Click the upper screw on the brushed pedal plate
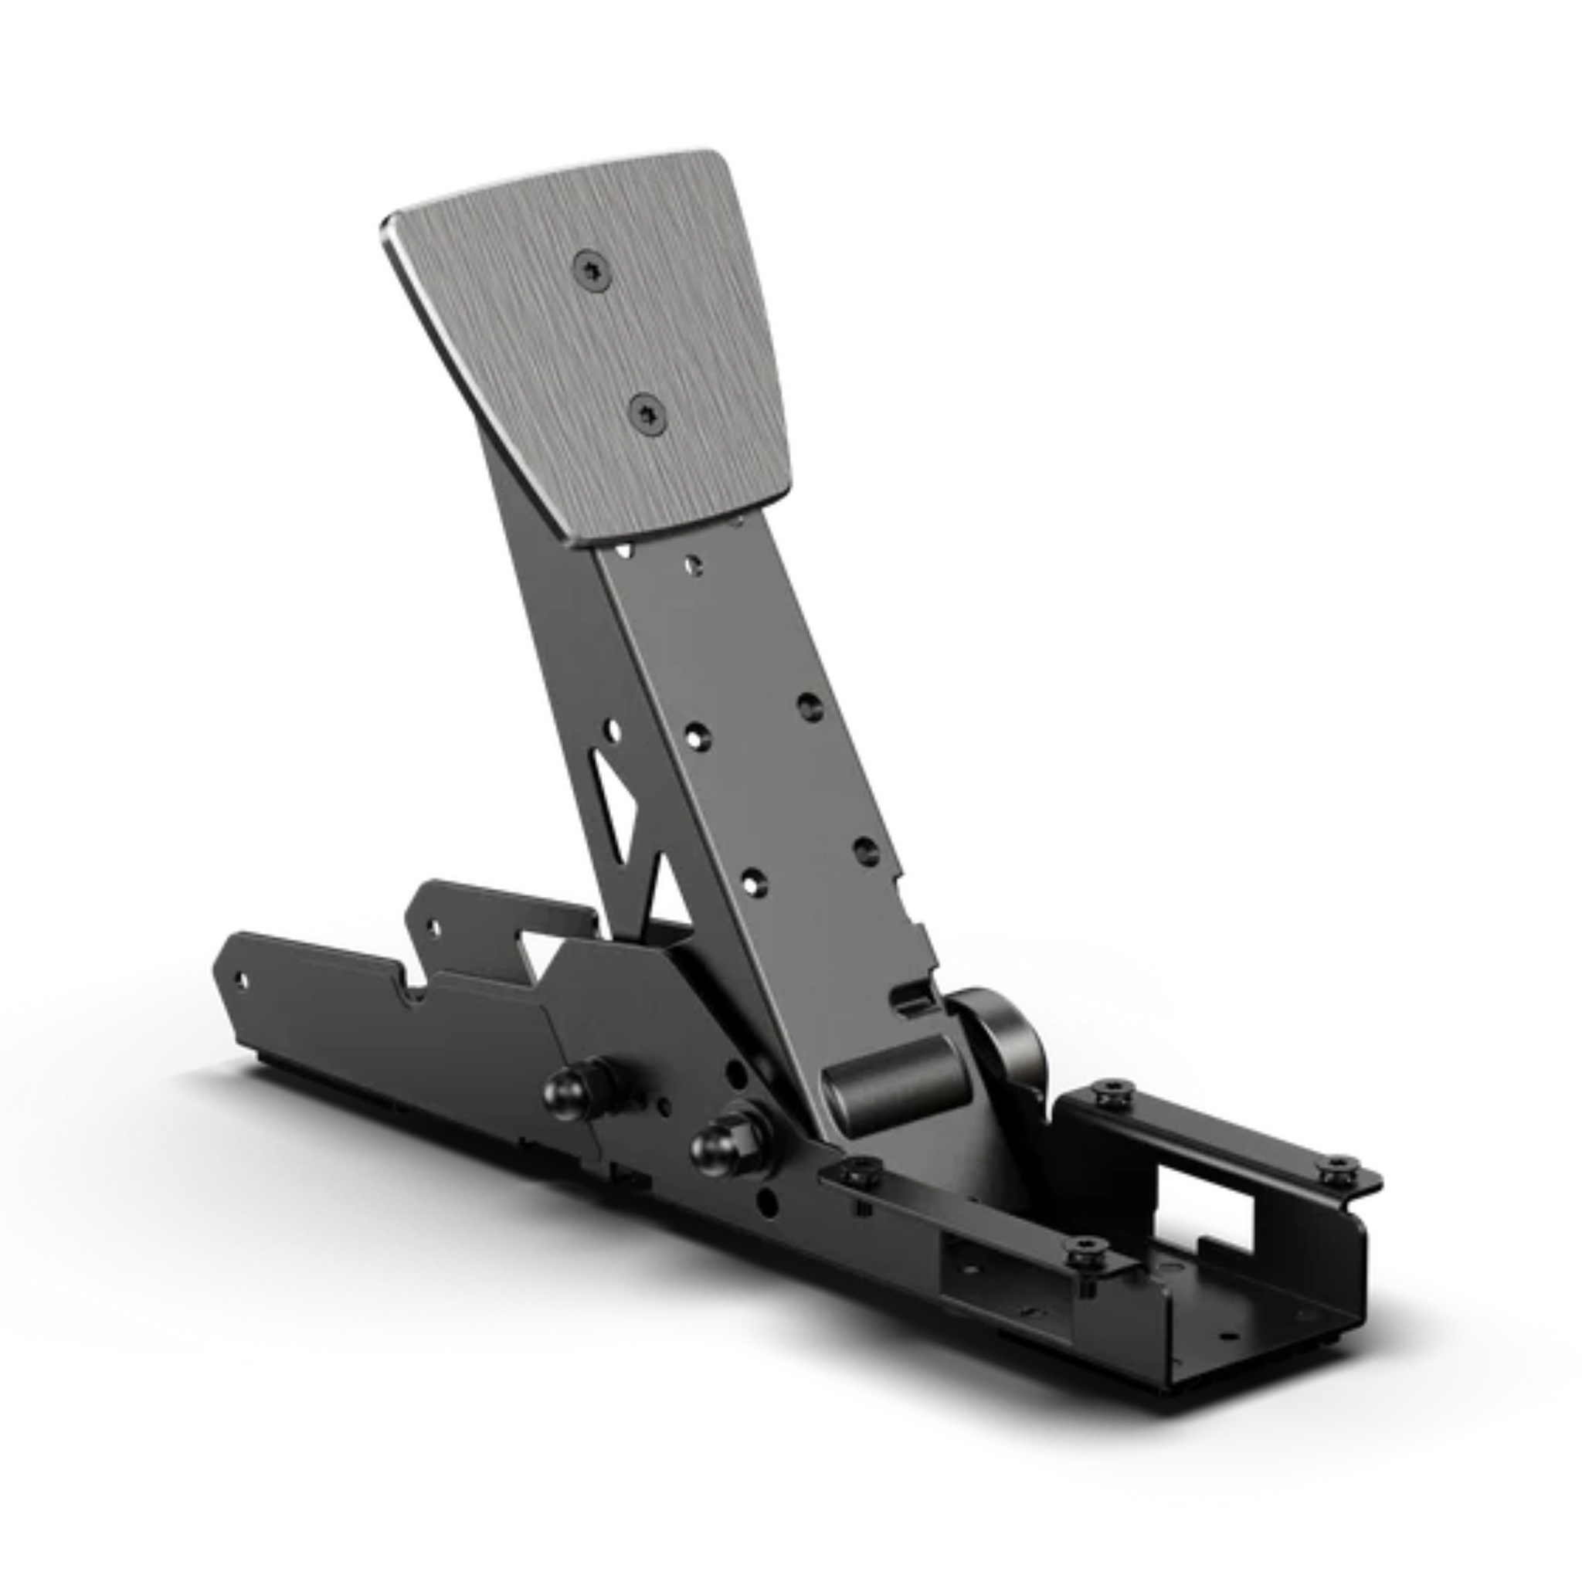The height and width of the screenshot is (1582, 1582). pos(591,272)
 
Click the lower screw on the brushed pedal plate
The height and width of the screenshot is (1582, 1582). pos(647,414)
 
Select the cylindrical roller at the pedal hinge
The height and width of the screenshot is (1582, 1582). pos(898,1085)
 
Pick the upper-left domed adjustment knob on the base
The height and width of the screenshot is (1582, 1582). pos(571,1090)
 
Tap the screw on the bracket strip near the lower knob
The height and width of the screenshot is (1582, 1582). pos(860,1173)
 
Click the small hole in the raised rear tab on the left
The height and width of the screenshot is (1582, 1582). pos(433,928)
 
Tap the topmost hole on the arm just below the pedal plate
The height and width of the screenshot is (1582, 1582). pos(693,564)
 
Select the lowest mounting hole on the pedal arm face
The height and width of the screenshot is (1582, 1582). pos(753,883)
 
